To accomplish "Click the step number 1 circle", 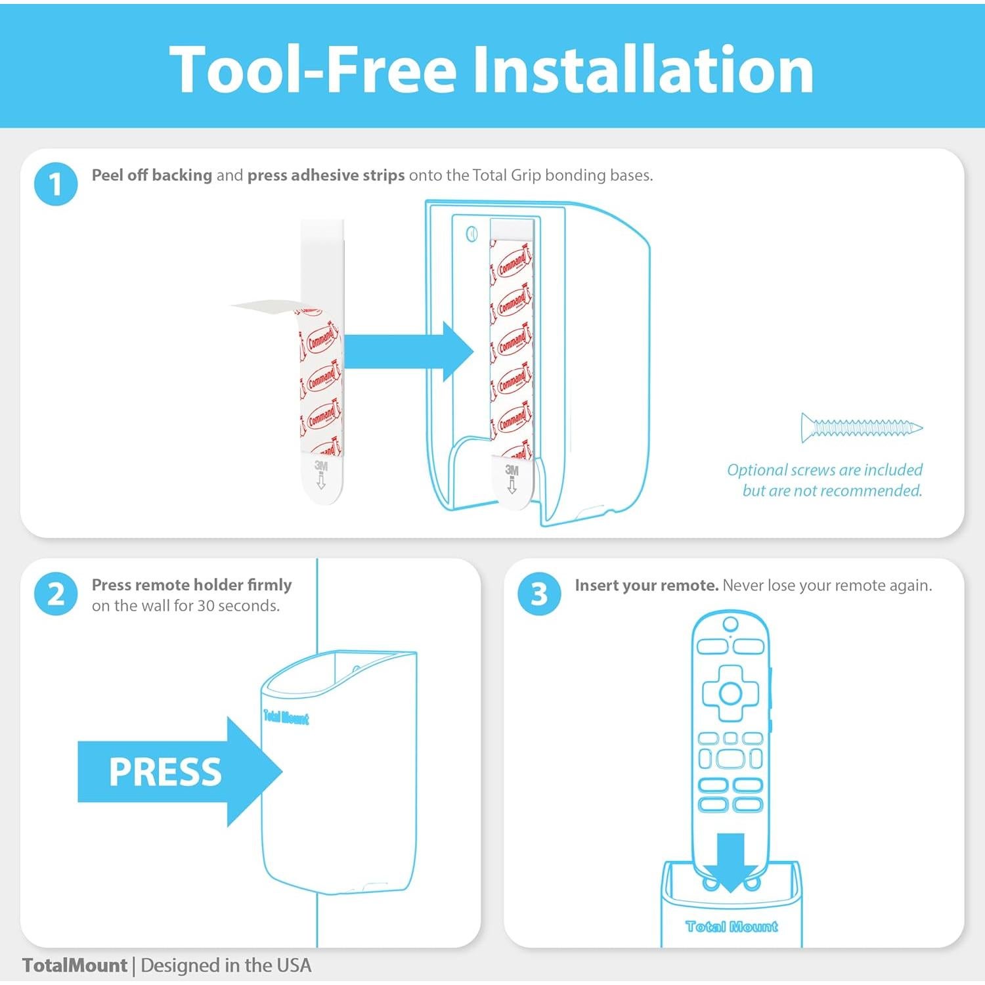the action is tap(56, 185).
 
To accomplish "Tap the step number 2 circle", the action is tap(56, 594).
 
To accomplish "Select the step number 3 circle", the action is tap(539, 594).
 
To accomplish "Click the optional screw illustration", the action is tap(862, 427).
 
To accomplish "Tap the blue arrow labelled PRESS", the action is tap(179, 772).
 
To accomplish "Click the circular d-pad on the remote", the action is tap(730, 693).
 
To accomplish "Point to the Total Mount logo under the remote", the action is tap(732, 927).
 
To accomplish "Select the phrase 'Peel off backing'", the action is tap(152, 175).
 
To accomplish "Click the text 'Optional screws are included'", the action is tap(825, 470).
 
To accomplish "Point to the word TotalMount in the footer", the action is tap(74, 965).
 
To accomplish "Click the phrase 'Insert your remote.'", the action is tap(647, 585).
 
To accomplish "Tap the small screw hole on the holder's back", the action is tap(471, 234).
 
